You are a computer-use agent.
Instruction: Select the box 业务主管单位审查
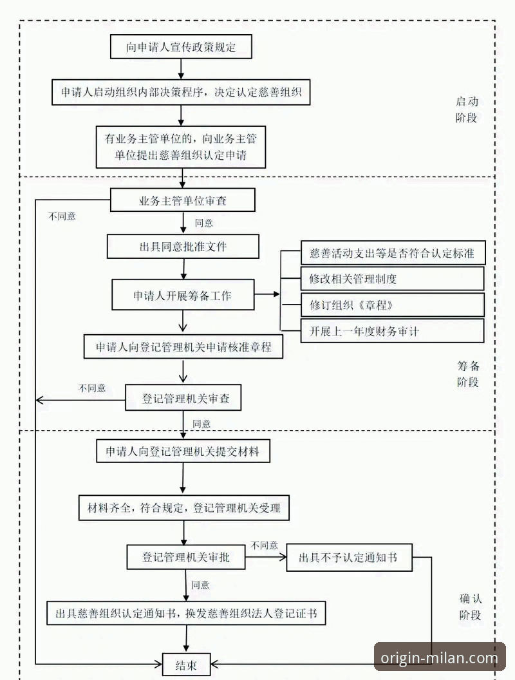coord(183,201)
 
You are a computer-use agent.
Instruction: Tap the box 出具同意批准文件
coord(183,247)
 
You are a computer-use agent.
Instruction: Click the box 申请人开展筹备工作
coord(183,296)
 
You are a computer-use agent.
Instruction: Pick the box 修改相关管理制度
coord(392,279)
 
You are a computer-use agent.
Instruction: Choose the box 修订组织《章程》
coord(392,305)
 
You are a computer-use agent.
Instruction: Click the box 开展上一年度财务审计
coord(392,331)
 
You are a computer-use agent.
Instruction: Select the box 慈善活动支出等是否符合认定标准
coord(392,253)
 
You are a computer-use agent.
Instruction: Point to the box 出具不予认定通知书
coord(348,558)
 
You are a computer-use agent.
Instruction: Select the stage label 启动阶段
coord(467,109)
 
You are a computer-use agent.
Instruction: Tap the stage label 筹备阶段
coord(468,373)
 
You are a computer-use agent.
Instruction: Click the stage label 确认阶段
coord(470,606)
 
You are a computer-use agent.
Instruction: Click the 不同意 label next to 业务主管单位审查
coord(62,216)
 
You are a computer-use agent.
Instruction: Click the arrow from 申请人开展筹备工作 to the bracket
coord(267,295)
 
